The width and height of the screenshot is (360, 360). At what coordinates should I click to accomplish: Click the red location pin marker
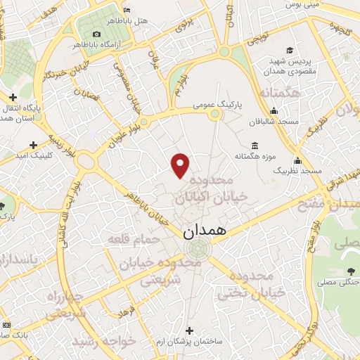(x=181, y=165)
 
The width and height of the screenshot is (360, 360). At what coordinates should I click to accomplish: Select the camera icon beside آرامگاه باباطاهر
(x=96, y=34)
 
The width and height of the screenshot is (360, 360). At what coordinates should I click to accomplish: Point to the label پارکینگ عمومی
(x=218, y=104)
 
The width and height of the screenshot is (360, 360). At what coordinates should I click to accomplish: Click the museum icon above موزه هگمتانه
(x=254, y=146)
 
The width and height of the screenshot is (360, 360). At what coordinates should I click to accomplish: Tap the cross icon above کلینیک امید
(x=33, y=144)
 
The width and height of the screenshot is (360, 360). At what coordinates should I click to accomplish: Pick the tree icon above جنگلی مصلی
(x=351, y=271)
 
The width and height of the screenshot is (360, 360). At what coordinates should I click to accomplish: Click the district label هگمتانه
(x=279, y=92)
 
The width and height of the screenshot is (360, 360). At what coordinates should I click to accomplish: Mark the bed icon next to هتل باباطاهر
(x=126, y=10)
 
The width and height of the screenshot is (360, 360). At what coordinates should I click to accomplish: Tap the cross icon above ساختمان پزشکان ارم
(x=188, y=330)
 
